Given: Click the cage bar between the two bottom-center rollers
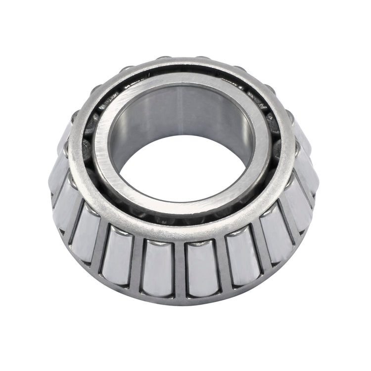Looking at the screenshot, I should pyautogui.click(x=180, y=270).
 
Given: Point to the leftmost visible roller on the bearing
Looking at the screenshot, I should pyautogui.click(x=58, y=171).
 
